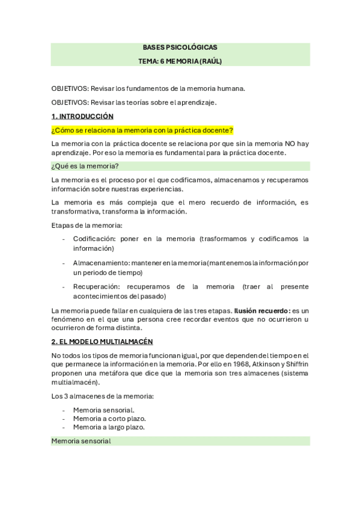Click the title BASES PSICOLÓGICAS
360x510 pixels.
tap(180, 47)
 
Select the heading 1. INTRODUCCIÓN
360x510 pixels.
tap(82, 116)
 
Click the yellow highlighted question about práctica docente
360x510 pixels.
tap(142, 130)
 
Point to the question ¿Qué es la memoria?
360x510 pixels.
tap(85, 166)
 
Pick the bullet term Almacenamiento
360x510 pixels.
tap(99, 263)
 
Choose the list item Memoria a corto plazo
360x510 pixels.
tap(109, 418)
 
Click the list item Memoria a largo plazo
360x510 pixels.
tap(109, 427)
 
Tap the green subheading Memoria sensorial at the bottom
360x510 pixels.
tap(81, 441)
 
